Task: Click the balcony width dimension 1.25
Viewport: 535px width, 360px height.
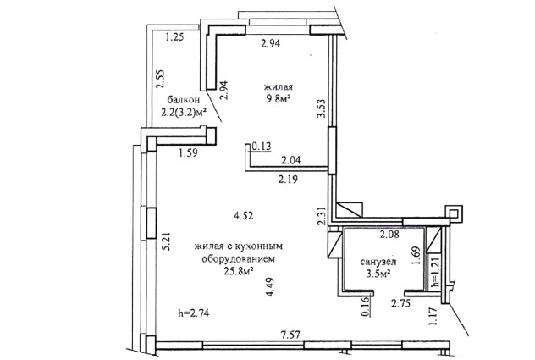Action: [x=174, y=36]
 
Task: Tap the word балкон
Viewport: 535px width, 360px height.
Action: [x=183, y=100]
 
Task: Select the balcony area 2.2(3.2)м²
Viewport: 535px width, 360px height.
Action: [x=185, y=112]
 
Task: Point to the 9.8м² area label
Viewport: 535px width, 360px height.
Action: [x=279, y=99]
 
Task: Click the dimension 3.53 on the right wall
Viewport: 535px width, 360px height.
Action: [x=321, y=108]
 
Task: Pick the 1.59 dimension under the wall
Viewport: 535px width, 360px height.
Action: [x=188, y=152]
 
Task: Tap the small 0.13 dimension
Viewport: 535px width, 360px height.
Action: [x=262, y=147]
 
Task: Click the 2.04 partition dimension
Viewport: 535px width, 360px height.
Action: [x=290, y=159]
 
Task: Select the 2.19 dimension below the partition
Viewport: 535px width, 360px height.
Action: [x=288, y=179]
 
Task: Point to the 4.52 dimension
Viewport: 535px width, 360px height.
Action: [x=243, y=215]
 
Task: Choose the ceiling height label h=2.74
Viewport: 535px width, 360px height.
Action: [x=194, y=313]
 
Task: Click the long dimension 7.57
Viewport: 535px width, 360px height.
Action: [x=290, y=335]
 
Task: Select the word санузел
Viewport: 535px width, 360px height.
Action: [x=378, y=262]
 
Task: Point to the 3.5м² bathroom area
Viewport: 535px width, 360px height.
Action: [x=378, y=274]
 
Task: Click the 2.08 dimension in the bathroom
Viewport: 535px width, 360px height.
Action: [x=389, y=235]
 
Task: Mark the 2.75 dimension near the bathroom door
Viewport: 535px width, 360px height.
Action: [x=400, y=303]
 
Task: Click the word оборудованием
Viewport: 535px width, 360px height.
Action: [x=238, y=259]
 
